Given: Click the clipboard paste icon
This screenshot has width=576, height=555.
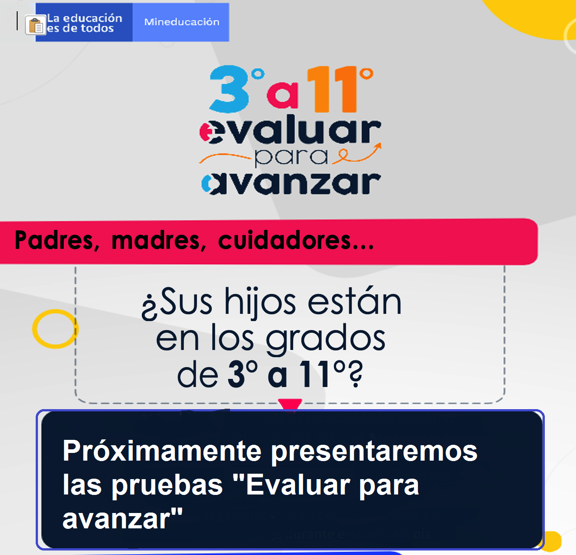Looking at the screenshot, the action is pos(36,25).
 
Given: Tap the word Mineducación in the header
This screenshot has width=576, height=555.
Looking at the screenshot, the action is pos(182,22).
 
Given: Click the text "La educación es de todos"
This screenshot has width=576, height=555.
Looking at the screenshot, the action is pos(84,23).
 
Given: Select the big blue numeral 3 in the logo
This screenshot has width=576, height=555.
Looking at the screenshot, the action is pos(229,89).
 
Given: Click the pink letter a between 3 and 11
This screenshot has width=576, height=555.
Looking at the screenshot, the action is pos(282,96).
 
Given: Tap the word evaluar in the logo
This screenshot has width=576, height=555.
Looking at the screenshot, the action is pos(290,130).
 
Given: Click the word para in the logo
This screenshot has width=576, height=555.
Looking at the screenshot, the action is pos(291,157).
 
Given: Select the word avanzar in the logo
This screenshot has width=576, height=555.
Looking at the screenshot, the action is pos(291,183).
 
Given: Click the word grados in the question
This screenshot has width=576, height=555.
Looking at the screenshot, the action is pos(326,340).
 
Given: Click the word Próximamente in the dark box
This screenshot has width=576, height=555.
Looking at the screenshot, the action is pos(162,451).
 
